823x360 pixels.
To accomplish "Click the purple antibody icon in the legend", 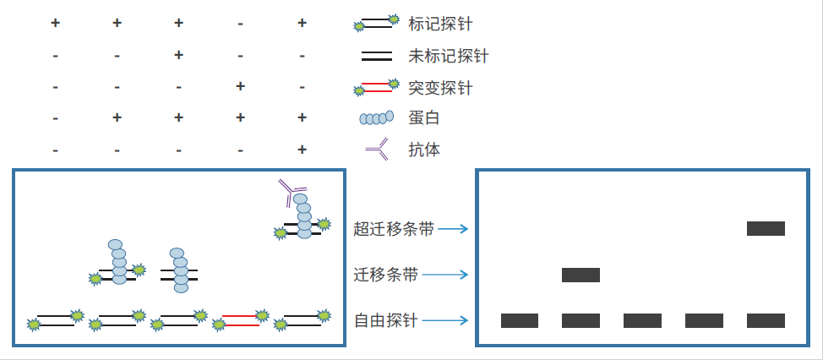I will pos(377,150).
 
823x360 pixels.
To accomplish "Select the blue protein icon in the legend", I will pos(377,118).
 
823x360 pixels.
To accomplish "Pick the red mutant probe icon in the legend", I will pos(377,87).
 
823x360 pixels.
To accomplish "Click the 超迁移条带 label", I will pos(393,228).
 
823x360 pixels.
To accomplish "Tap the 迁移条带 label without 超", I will pos(385,275).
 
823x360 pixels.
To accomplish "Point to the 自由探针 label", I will pos(385,320).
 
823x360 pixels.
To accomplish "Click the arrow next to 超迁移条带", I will pos(452,228).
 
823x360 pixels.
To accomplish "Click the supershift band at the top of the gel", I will pos(766,228).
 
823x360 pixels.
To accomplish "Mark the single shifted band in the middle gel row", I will pos(580,275).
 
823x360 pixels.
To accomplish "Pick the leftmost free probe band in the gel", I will pos(519,320).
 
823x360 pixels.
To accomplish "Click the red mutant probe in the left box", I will pos(241,320).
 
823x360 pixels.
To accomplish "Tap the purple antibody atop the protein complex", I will pos(292,194).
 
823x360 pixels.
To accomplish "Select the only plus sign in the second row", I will pos(178,55).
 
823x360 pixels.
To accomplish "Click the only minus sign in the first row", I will pos(240,24).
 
